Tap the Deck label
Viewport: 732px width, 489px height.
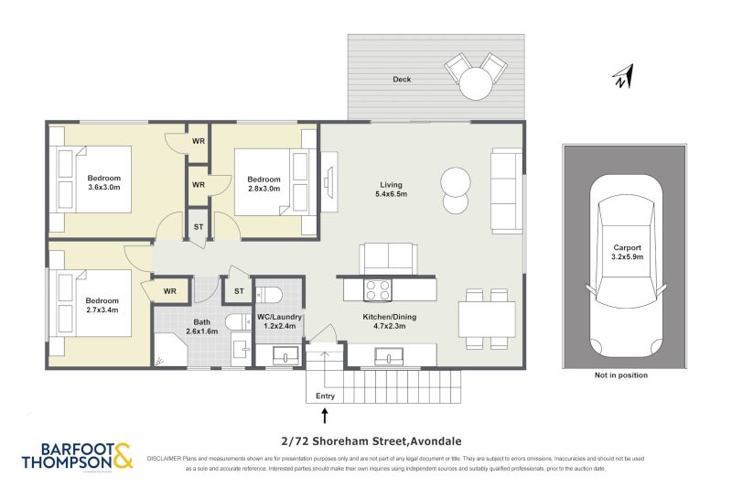[x=402, y=80]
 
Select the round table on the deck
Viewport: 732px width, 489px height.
[x=475, y=84]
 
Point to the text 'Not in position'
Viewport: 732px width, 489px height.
[x=620, y=375]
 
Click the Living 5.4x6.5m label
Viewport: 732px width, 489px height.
[x=391, y=189]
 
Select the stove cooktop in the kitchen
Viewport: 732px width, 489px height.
[x=378, y=290]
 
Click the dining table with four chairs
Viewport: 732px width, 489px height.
[x=486, y=319]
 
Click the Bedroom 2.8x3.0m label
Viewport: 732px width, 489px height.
[x=264, y=184]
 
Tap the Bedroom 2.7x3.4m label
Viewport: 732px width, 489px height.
[x=102, y=305]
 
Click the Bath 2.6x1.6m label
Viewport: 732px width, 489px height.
[x=202, y=327]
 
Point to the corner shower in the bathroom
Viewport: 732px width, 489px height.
[x=167, y=353]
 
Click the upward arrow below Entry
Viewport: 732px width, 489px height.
[x=324, y=416]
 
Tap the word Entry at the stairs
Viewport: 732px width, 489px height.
[x=325, y=397]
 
